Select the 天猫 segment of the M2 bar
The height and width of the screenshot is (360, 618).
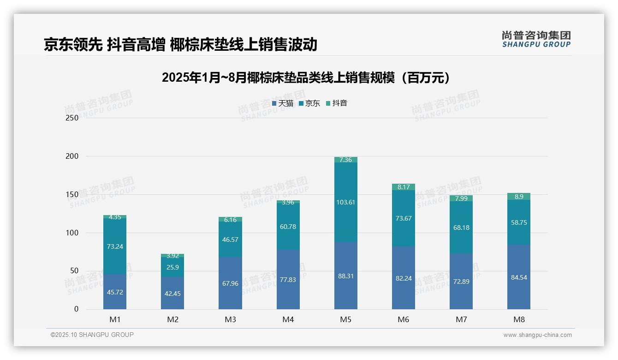172,293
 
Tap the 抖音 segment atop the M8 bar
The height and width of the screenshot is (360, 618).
518,197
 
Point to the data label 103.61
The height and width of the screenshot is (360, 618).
345,202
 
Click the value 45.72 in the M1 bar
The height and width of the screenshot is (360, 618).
115,292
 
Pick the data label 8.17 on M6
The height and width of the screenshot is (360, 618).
404,187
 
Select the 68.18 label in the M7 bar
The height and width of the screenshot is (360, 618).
461,228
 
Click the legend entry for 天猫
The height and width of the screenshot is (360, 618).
283,103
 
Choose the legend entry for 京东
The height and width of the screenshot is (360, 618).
309,103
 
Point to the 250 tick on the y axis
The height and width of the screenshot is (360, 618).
72,118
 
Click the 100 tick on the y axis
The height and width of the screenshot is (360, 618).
72,233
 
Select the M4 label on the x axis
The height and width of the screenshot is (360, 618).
288,319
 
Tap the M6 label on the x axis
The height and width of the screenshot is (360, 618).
404,319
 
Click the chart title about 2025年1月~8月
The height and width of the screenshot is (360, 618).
306,78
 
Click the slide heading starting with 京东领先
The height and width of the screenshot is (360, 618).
180,44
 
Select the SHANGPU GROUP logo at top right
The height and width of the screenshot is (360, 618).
536,39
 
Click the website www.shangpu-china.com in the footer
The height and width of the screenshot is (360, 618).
537,335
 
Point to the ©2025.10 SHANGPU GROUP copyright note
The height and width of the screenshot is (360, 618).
92,335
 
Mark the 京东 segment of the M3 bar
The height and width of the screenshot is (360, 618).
230,239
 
